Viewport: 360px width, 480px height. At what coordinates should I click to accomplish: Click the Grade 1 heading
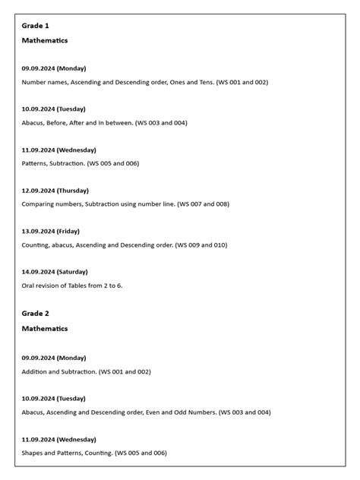pos(35,26)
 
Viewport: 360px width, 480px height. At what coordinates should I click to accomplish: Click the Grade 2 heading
pos(35,314)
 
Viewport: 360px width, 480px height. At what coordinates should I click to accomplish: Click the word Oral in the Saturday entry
pos(29,286)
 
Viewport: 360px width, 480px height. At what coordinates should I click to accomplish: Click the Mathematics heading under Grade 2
pos(45,329)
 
